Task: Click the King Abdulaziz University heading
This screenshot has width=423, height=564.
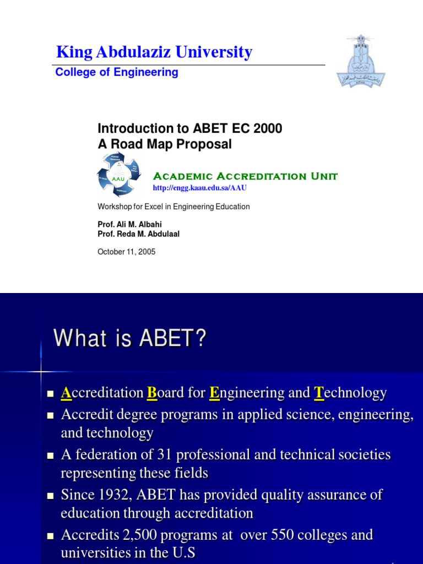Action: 154,52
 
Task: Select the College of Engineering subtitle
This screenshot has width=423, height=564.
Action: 117,72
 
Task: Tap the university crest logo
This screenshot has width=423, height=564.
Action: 361,62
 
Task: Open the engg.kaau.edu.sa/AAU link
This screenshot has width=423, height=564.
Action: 199,188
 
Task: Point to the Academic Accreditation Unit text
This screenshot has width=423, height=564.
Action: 245,176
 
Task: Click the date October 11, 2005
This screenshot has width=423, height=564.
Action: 127,252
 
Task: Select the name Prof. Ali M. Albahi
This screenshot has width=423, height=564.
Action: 130,225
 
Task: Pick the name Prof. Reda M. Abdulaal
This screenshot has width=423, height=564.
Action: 138,234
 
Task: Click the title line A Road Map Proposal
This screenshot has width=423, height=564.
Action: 165,144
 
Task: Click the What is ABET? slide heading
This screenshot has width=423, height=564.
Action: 130,338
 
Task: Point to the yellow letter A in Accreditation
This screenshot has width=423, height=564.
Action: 66,393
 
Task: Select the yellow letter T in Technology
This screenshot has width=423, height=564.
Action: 318,393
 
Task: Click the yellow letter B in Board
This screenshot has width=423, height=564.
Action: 151,393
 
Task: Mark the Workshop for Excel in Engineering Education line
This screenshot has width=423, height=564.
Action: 173,207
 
